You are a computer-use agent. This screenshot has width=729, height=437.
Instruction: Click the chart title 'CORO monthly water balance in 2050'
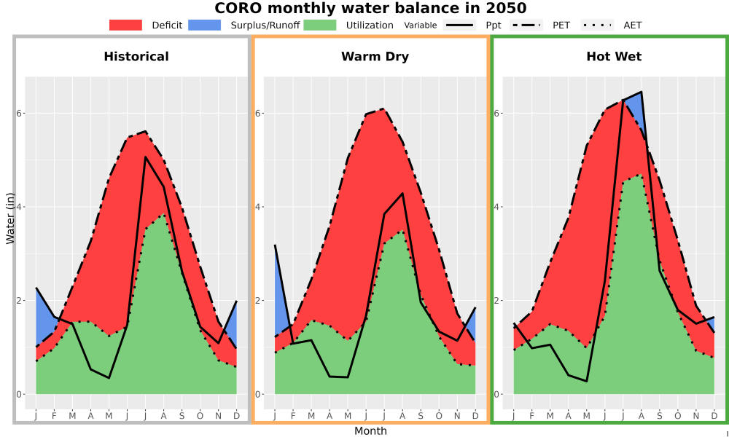pyautogui.click(x=370, y=8)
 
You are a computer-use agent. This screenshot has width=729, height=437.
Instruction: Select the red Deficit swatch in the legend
pyautogui.click(x=125, y=25)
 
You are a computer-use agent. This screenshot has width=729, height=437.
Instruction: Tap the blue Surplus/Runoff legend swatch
pyautogui.click(x=205, y=25)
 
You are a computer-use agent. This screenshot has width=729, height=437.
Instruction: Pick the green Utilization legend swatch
pyautogui.click(x=320, y=25)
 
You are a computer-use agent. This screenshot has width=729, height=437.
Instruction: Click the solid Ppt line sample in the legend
pyautogui.click(x=459, y=25)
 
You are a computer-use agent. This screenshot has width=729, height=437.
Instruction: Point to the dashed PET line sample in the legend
pyautogui.click(x=526, y=25)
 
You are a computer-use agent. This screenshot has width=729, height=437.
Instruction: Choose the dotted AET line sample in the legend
pyautogui.click(x=597, y=25)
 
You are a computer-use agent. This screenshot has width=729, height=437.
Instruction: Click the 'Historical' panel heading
pyautogui.click(x=136, y=57)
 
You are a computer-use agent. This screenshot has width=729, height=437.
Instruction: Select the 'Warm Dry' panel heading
pyautogui.click(x=375, y=57)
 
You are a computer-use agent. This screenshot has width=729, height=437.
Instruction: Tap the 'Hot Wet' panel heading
pyautogui.click(x=614, y=57)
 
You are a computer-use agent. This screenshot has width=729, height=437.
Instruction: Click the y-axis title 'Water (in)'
pyautogui.click(x=10, y=219)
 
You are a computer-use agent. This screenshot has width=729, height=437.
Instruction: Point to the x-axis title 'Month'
pyautogui.click(x=370, y=431)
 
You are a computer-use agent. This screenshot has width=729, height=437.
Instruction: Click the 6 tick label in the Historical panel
pyautogui.click(x=19, y=114)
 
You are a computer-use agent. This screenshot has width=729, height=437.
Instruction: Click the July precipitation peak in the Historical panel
pyautogui.click(x=145, y=157)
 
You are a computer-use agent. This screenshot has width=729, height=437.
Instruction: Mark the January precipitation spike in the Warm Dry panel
pyautogui.click(x=275, y=245)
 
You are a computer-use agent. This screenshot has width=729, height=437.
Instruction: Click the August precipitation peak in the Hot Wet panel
pyautogui.click(x=641, y=92)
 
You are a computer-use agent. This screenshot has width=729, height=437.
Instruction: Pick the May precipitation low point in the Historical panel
pyautogui.click(x=109, y=377)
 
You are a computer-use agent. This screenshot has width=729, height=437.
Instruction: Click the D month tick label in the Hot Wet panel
pyautogui.click(x=714, y=416)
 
